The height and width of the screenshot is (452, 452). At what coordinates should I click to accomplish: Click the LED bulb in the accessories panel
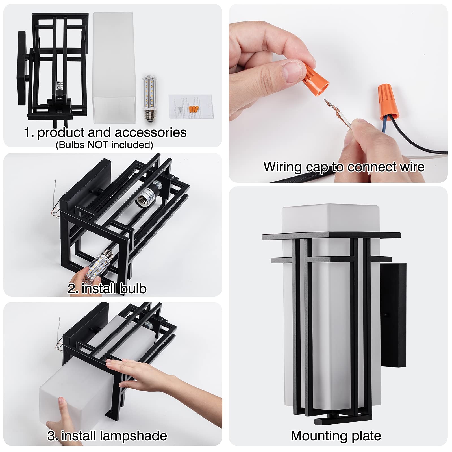point(150,97)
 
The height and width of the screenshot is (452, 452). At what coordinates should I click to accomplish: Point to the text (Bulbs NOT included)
point(104,145)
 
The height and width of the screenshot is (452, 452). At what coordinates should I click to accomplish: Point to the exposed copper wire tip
point(328,104)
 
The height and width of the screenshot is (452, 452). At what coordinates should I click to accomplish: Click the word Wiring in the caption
point(282,167)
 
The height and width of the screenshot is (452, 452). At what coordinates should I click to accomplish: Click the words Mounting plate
point(336,436)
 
